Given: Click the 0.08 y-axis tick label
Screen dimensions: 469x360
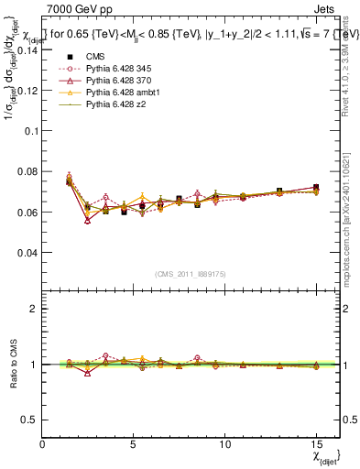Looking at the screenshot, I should [x=27, y=171].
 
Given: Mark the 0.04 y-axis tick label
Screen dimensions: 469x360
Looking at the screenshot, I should [x=27, y=252].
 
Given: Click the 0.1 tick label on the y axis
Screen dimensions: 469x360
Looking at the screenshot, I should [x=31, y=131].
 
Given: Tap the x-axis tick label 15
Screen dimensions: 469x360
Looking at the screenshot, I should [x=315, y=444].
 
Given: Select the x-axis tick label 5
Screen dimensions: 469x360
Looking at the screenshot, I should [x=134, y=444].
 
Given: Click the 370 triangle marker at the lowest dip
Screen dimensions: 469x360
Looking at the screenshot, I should [x=87, y=220].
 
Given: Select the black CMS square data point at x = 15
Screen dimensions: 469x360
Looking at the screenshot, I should [x=315, y=188].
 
